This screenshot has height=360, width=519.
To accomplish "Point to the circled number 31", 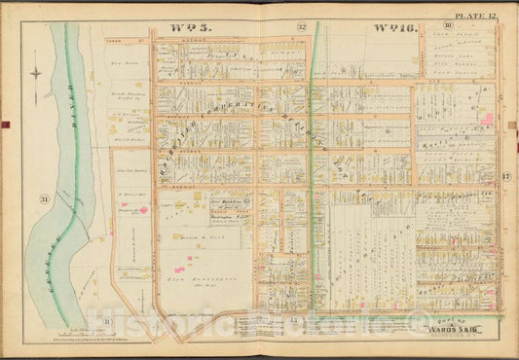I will point(43,201).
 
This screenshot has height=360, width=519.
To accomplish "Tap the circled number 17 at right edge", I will point(505,175).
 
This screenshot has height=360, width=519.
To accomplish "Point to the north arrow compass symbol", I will point(36,74).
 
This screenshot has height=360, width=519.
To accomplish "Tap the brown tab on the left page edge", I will point(4,125).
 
